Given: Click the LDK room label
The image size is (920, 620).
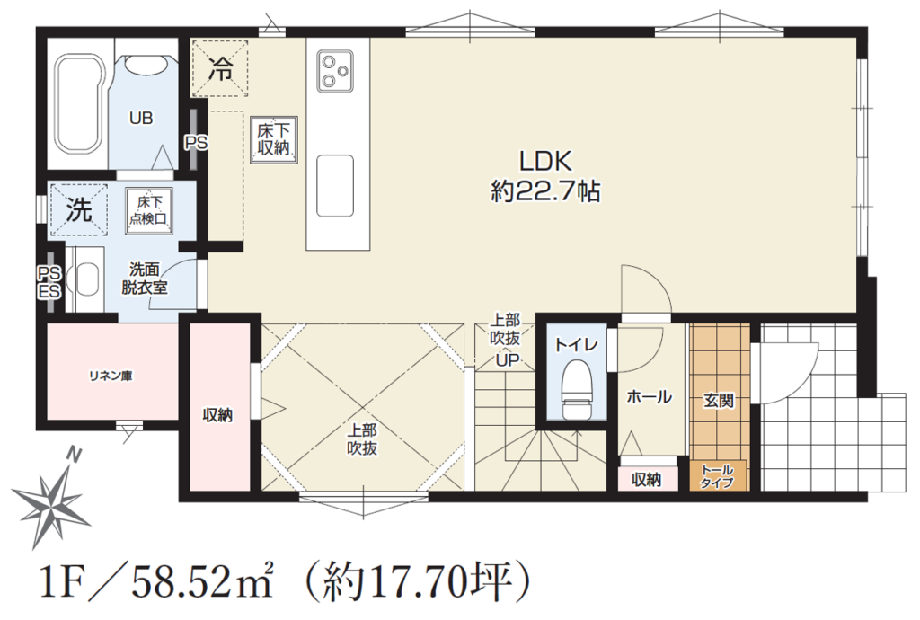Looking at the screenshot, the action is coord(545,161).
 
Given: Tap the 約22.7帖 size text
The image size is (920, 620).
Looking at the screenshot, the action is coord(545,191).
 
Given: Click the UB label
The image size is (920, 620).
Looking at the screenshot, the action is coord(141,118).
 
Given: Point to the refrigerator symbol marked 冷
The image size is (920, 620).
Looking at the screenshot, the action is coord(219,67).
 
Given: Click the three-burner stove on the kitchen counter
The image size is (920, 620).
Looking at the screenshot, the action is coord(335,70).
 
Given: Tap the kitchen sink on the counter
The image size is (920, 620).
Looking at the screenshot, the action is coord(335,185).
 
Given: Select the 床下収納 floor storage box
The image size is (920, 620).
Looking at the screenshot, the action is coord(273,139).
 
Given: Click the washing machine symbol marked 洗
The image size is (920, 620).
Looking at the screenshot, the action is coord(79,210).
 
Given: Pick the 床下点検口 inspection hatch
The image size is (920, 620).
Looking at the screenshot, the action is coord(149,210).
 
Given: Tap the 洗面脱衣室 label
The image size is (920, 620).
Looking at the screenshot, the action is coord(145,279).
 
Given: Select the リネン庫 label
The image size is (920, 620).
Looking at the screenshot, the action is coord(111,376).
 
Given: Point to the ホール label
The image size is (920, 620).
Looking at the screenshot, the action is coord(649,397).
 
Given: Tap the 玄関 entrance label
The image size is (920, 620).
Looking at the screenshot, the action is coord(719,402).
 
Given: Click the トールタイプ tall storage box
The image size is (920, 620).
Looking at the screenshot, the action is coord(718,475).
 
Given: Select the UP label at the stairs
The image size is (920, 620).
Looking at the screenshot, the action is coord(508,359).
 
